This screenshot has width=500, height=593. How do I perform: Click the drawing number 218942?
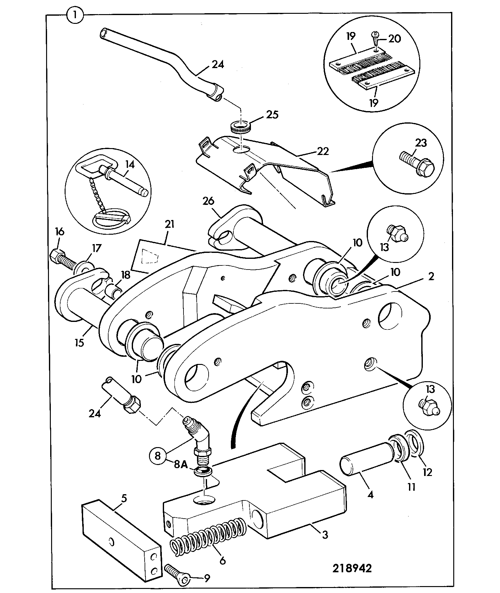click(x=352, y=568)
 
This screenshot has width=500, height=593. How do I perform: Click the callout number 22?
click(x=323, y=151)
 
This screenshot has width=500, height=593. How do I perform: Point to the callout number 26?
click(x=208, y=201)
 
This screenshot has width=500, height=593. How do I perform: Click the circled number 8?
click(x=158, y=455)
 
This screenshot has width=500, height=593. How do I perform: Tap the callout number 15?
click(x=80, y=343)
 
